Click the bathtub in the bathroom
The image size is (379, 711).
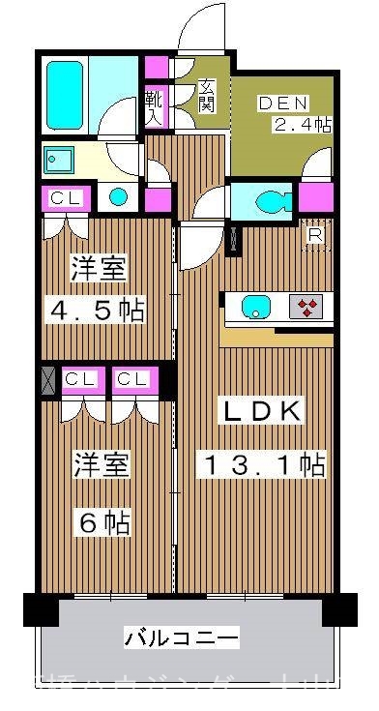66,95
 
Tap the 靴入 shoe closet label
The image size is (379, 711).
154,104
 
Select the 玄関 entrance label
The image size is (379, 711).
206,95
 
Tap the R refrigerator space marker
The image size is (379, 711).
315,234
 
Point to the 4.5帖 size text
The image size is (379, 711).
97,311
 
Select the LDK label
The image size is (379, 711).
263,412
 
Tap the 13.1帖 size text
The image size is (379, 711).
262,465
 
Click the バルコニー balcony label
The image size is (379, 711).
182,638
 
